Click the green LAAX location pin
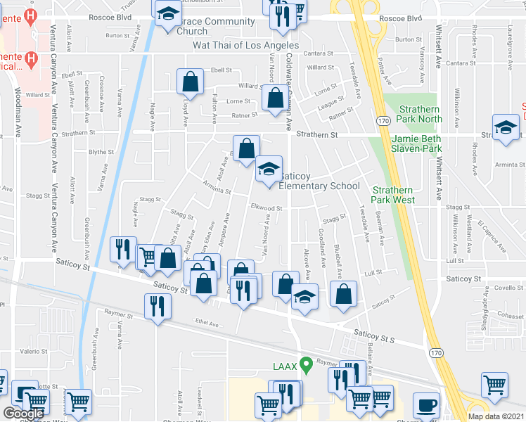(x=306, y=364)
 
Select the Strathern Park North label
(x=421, y=114)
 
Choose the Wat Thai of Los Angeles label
(x=246, y=45)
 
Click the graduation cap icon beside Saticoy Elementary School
(x=268, y=170)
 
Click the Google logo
(x=23, y=414)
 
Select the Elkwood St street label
(x=267, y=208)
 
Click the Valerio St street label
(x=32, y=350)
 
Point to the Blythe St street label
(x=101, y=152)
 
